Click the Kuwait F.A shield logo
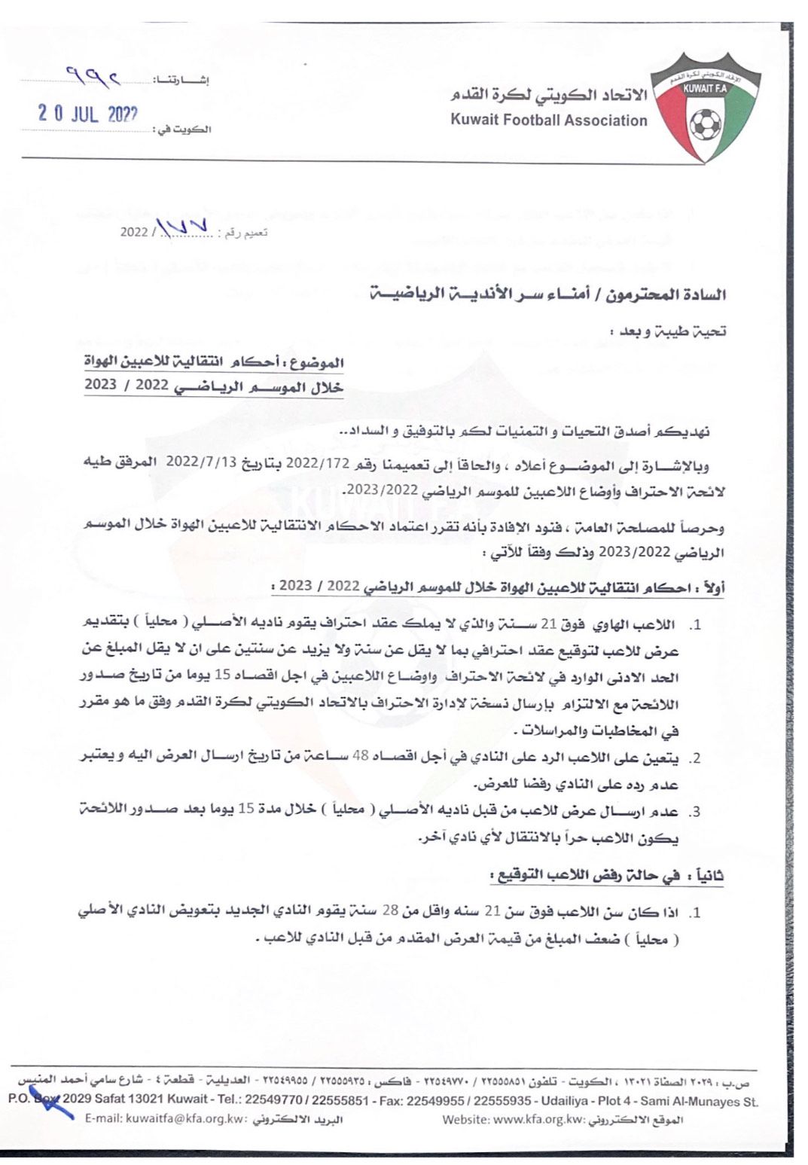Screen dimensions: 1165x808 pos(705,107)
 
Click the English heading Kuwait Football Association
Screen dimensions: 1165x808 pos(549,120)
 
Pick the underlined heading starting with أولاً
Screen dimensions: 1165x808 pos(502,587)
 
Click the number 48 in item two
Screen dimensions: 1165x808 pos(366,757)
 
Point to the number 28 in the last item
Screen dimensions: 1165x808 pos(389,912)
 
